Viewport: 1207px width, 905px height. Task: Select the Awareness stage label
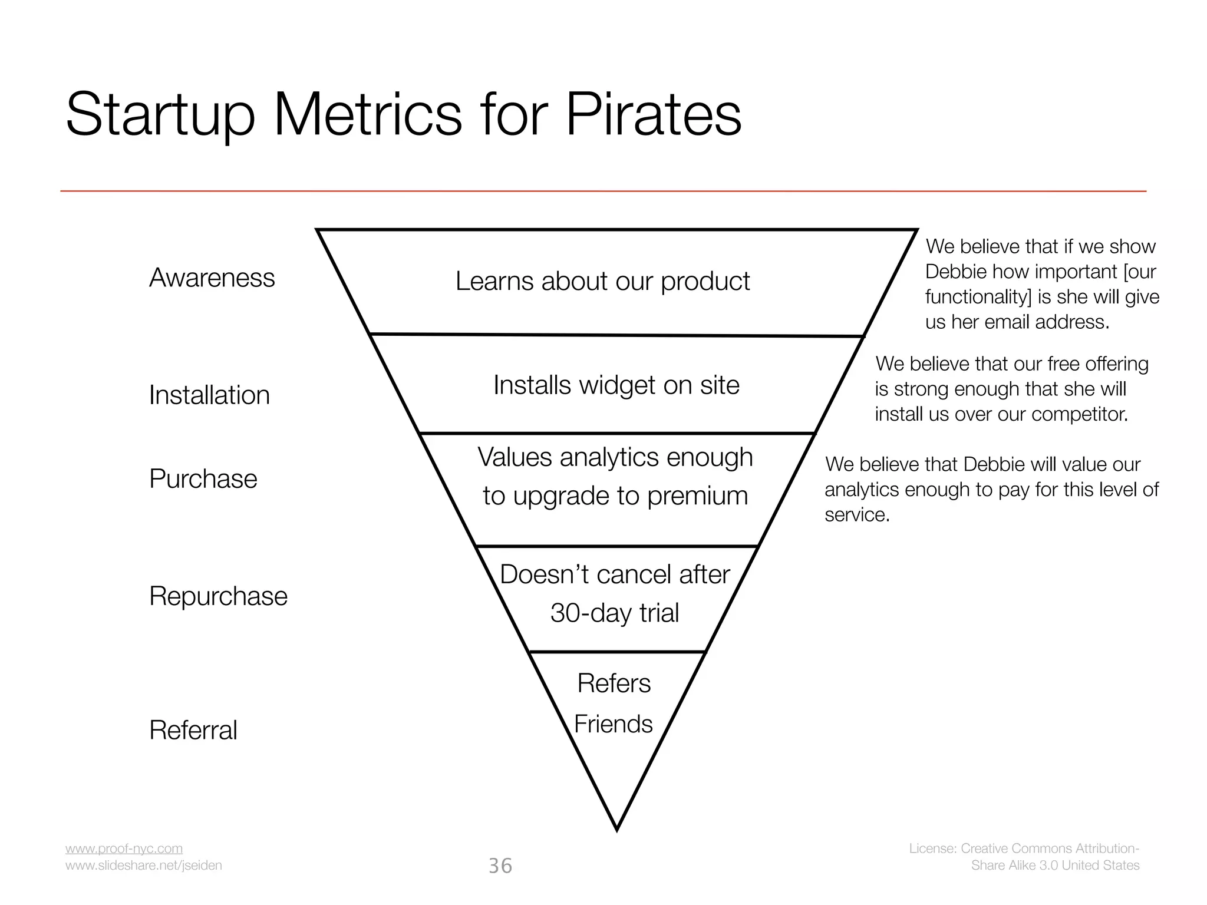[212, 278]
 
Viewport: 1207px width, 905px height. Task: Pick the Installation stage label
[209, 395]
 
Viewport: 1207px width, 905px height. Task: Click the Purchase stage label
[203, 478]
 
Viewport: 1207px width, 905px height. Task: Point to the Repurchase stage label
[218, 596]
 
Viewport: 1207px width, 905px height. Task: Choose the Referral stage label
[193, 730]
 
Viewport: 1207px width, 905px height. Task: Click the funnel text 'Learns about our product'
[602, 281]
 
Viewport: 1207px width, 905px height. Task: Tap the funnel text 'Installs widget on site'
[616, 385]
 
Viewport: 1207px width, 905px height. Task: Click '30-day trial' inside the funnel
[615, 613]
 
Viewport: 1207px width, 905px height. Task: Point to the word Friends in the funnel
[614, 724]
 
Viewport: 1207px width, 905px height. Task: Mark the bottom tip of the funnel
[616, 828]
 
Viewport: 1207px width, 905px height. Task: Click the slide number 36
[500, 866]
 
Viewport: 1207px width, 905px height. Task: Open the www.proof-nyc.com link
[124, 848]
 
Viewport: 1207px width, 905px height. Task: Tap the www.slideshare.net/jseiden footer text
[143, 865]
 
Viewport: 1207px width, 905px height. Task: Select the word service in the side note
[856, 515]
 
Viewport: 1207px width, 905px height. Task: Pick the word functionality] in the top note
[978, 296]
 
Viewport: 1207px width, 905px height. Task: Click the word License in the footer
[932, 848]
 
